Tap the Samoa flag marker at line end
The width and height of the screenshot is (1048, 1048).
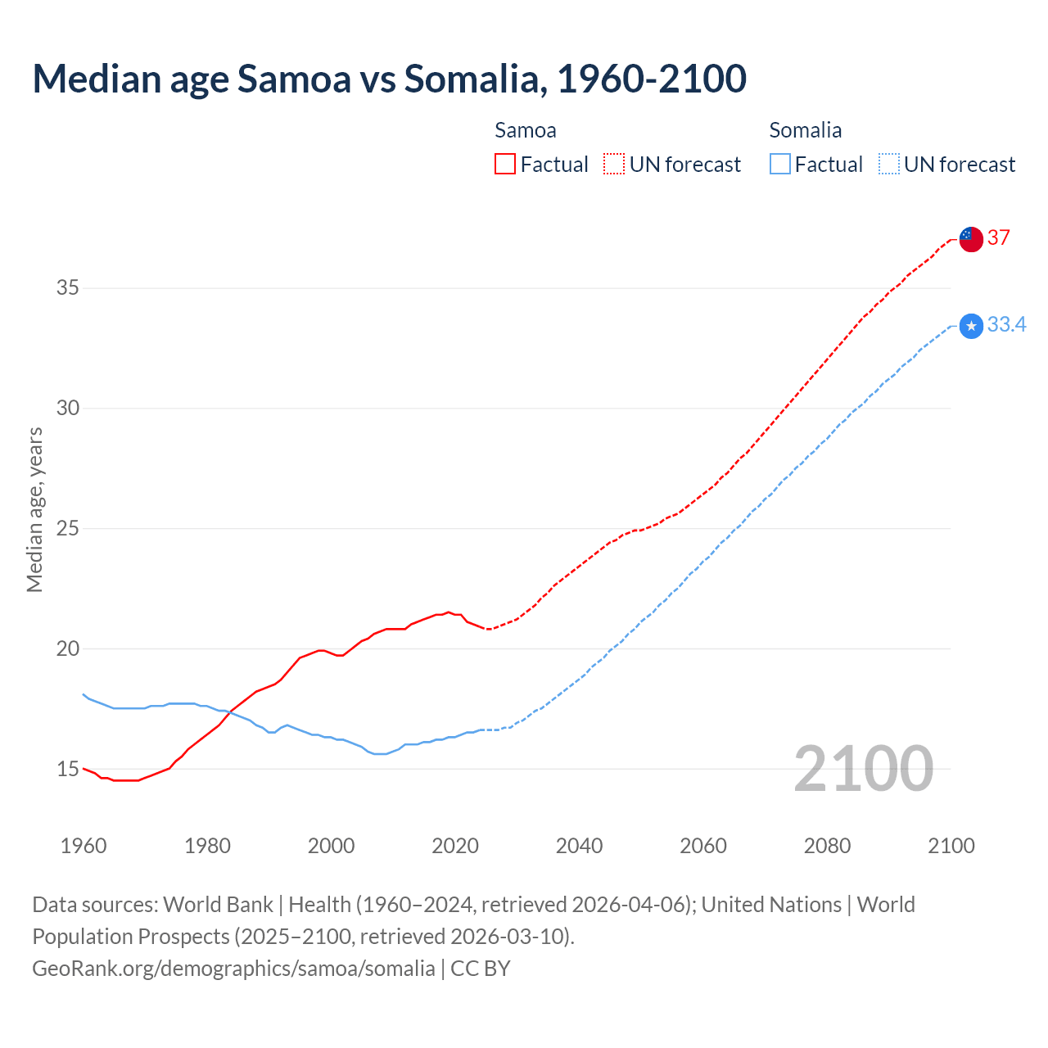coord(970,239)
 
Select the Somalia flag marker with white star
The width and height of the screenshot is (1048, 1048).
coord(970,326)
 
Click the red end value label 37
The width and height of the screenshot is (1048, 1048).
coord(998,238)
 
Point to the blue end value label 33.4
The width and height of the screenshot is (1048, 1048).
coord(1006,325)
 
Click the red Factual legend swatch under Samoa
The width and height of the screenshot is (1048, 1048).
coord(505,165)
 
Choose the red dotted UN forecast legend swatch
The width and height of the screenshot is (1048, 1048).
coord(614,165)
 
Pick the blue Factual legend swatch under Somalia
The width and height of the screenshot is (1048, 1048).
coord(780,165)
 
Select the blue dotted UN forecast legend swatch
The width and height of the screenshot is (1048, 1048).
coord(888,165)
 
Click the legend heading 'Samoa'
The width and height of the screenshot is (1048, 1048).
coord(525,130)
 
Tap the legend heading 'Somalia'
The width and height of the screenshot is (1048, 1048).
coord(805,130)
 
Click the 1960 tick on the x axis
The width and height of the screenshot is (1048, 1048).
coord(84,846)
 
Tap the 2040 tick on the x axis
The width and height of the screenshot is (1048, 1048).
coord(579,846)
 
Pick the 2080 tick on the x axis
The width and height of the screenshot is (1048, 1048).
coord(827,846)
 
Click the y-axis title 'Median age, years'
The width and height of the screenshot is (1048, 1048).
coord(34,509)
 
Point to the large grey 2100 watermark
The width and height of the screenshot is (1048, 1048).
coord(863,769)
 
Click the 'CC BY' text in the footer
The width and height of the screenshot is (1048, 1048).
coord(481,969)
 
